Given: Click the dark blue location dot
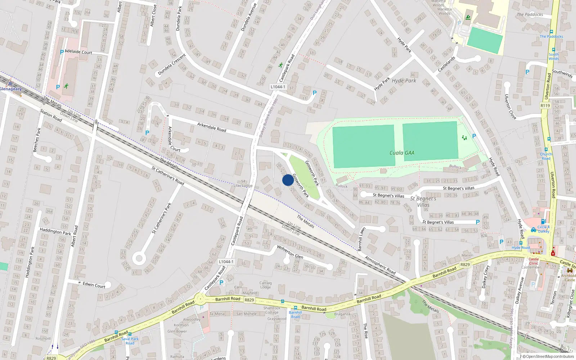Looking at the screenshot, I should (x=288, y=180).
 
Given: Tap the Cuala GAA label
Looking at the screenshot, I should (x=402, y=153).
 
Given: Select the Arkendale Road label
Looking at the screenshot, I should (x=212, y=127).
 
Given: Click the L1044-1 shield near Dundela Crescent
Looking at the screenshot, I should (x=278, y=87).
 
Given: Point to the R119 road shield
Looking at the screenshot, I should (x=545, y=105).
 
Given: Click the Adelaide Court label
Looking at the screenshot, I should (x=78, y=52).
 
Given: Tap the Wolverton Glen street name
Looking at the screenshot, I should (x=290, y=252).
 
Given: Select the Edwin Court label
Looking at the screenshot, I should (x=94, y=285).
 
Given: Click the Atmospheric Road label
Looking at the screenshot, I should (x=380, y=266).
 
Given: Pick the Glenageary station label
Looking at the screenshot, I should (x=11, y=89).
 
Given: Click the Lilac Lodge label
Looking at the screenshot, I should (x=243, y=186).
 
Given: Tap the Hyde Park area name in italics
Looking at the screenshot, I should (x=404, y=81).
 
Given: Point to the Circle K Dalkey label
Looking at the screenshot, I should (x=544, y=229).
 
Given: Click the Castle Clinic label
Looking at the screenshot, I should (x=534, y=261).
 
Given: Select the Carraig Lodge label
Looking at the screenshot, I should (x=265, y=285).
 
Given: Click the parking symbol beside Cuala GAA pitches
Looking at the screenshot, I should (x=474, y=136).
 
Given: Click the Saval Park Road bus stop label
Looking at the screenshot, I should (x=130, y=341).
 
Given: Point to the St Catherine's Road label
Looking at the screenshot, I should (x=168, y=176).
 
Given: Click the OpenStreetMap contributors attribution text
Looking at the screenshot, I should (x=550, y=356).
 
